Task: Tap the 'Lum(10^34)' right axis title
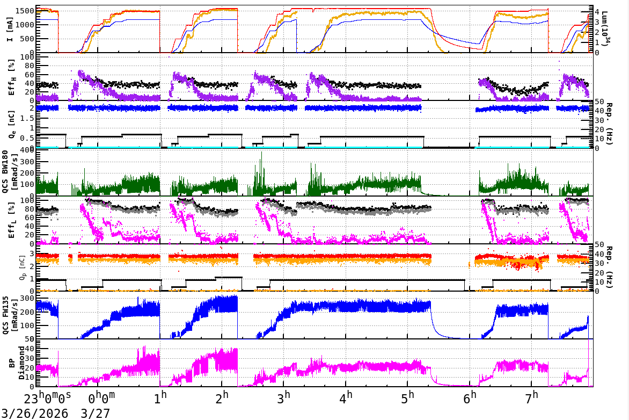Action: click(x=606, y=29)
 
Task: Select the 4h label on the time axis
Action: click(x=347, y=399)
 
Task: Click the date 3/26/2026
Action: click(x=35, y=414)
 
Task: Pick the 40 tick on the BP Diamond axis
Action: click(x=30, y=349)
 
